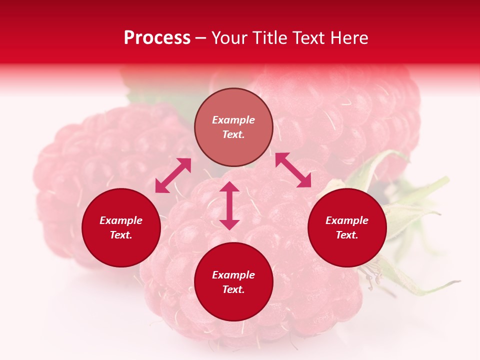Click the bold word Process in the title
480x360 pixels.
(x=157, y=38)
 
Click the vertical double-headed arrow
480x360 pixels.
(x=229, y=205)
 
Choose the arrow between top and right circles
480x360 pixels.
(x=293, y=170)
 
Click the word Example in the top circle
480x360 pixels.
(x=233, y=120)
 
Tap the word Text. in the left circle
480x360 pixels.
(x=121, y=235)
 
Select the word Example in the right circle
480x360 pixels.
(x=347, y=220)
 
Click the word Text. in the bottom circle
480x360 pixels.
(x=233, y=289)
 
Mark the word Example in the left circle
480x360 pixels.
(x=121, y=220)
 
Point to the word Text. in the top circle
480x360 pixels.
(x=233, y=134)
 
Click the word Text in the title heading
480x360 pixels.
(x=309, y=38)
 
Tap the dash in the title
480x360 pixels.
(x=200, y=38)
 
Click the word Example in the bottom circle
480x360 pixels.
(x=233, y=275)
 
